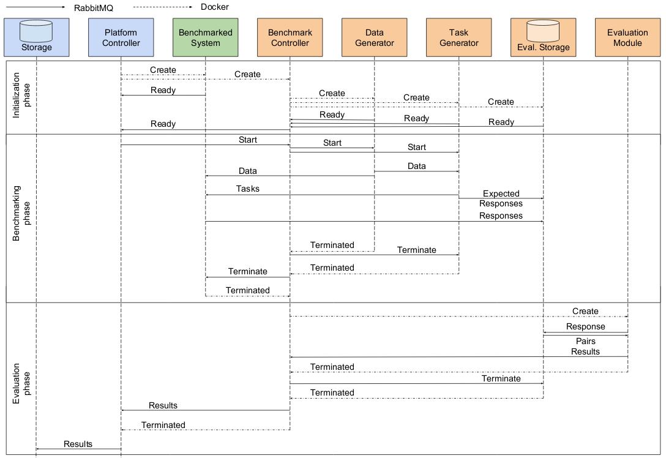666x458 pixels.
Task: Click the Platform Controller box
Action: pos(121,37)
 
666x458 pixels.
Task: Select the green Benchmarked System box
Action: pos(205,37)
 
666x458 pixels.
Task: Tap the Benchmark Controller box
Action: pos(290,37)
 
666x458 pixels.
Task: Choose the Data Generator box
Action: pos(374,37)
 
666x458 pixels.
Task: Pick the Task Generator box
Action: pos(458,37)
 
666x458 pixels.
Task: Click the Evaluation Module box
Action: pos(628,37)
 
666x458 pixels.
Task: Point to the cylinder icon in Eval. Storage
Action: pos(543,31)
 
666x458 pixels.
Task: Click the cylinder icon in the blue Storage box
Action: pos(36,31)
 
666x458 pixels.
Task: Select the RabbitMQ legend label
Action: pos(94,8)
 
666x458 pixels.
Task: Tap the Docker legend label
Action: pos(214,7)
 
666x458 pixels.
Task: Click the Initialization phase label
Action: pos(21,95)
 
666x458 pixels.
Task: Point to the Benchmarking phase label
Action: pos(21,213)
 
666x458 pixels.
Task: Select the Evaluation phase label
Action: pos(21,383)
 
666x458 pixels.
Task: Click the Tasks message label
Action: pos(248,189)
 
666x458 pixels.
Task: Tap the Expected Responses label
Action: pos(501,198)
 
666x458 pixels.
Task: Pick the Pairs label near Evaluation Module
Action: pos(585,341)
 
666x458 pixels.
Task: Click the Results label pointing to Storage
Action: pos(78,444)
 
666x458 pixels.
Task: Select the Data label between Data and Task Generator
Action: pos(417,166)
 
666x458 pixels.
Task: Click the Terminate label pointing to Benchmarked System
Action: pos(248,271)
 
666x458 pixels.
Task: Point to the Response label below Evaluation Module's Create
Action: pos(585,327)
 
